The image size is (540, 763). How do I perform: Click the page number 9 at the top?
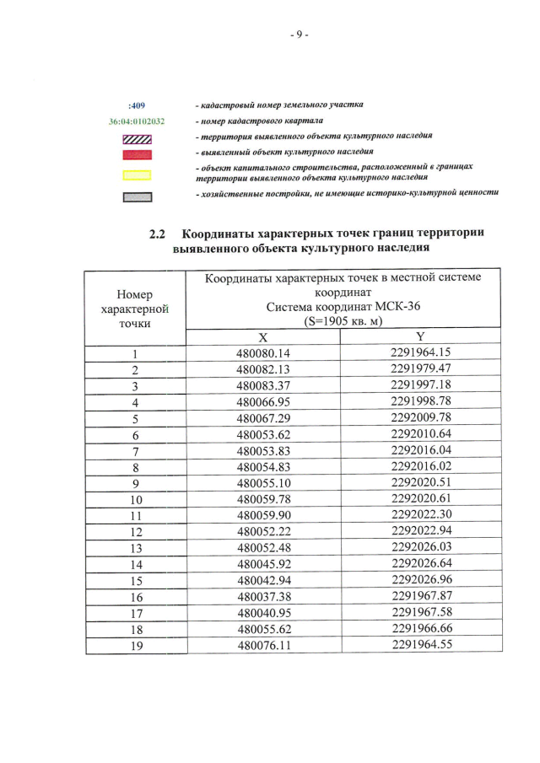coord(299,35)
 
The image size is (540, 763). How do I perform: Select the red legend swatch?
coord(137,154)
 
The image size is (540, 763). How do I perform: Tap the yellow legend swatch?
coord(137,175)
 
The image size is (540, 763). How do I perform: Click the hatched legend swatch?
coord(137,138)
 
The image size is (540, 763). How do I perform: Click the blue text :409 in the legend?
coord(136,106)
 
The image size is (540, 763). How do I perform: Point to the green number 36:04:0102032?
coord(137,122)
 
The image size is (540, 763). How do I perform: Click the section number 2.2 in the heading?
coord(158,233)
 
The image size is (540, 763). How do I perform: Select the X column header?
coord(262,336)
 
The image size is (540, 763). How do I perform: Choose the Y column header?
coord(420,336)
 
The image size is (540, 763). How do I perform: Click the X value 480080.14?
coord(262,353)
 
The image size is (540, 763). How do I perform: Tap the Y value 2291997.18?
coord(420,384)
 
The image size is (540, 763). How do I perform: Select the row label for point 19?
coord(135,646)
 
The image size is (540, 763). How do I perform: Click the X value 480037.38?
coord(262,597)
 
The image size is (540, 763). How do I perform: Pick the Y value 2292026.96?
coord(420,581)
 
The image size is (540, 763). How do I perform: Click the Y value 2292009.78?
coord(420,417)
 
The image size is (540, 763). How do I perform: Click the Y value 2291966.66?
coord(420,630)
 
